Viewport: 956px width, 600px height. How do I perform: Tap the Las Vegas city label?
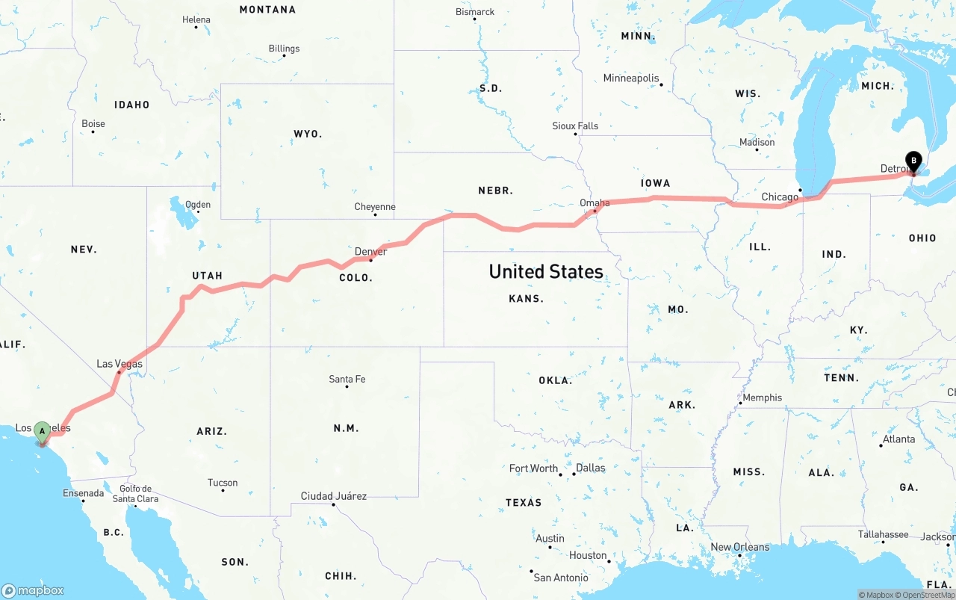(119, 364)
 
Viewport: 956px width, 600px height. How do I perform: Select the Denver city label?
(370, 252)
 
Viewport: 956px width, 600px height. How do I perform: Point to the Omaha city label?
(595, 202)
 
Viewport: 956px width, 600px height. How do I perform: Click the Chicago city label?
(780, 197)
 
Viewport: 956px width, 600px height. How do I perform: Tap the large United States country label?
(546, 271)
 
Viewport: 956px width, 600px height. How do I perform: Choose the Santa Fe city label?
(347, 379)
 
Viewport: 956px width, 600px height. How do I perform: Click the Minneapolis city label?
(631, 78)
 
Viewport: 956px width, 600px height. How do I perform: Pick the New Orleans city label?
(739, 547)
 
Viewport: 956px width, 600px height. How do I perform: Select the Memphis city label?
(762, 398)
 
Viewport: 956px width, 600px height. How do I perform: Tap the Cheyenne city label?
(375, 207)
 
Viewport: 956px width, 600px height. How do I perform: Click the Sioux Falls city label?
(575, 126)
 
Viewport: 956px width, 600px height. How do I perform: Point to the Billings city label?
(284, 49)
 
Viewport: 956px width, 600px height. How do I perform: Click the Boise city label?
(93, 124)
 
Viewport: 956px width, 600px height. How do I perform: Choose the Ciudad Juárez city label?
(333, 496)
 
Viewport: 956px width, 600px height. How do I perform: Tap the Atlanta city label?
(898, 439)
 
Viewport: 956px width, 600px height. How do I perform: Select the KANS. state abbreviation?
(526, 298)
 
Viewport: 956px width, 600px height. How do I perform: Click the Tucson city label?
(223, 483)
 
